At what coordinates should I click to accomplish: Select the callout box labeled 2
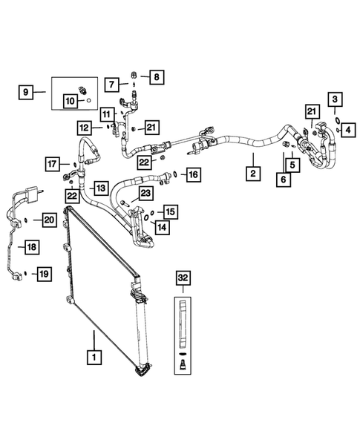click(252, 174)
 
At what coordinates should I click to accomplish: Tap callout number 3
click(336, 99)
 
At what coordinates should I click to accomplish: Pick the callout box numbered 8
click(157, 76)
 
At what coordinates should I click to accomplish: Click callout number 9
click(25, 93)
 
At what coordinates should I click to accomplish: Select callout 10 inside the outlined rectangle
click(72, 99)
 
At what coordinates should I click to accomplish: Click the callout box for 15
click(171, 211)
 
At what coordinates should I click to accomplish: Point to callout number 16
click(192, 175)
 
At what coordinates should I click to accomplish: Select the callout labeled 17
click(52, 163)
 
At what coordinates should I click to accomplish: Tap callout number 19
click(43, 275)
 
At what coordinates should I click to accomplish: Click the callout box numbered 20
click(49, 219)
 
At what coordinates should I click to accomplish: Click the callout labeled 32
click(183, 278)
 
